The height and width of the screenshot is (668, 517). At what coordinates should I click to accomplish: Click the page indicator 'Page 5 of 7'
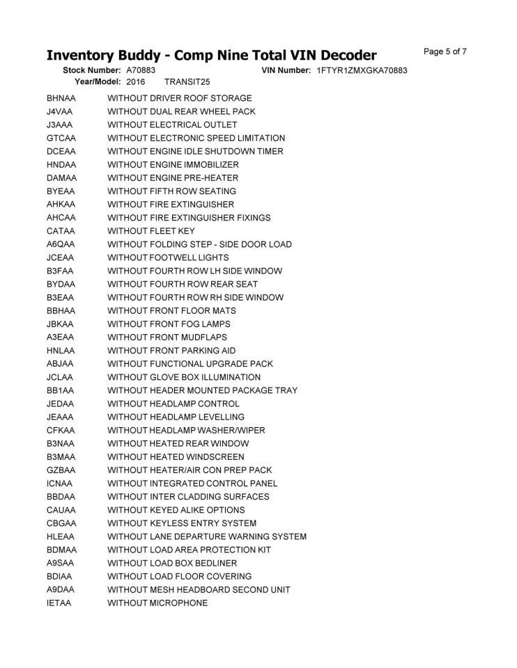[445, 51]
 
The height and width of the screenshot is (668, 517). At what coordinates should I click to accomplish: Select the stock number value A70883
[141, 70]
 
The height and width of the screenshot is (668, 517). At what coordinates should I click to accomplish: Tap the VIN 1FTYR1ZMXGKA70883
[362, 70]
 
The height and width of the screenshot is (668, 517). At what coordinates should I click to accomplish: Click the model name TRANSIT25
[187, 82]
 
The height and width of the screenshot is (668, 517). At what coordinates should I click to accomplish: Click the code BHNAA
[61, 98]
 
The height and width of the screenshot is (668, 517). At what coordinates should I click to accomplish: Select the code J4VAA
[61, 111]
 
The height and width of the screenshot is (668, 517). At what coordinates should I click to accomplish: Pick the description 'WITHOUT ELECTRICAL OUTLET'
[172, 125]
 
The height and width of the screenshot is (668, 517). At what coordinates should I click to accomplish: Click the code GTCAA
[61, 138]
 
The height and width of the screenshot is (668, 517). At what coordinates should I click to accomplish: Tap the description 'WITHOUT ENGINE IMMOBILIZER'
[173, 165]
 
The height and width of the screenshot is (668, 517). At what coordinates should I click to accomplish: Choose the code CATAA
[61, 231]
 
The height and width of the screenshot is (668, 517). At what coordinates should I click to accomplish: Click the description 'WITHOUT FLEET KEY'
[151, 231]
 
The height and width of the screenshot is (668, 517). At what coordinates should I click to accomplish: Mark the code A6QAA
[61, 244]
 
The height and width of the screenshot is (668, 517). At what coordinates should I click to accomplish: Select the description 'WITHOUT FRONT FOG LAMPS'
[169, 324]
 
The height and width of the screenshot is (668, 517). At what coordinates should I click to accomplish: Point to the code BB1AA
[61, 390]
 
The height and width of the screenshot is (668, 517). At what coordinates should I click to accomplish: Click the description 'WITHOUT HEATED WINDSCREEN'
[176, 457]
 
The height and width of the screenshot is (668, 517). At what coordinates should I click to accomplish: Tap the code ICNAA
[60, 484]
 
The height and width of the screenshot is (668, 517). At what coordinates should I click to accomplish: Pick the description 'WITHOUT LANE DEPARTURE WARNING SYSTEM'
[207, 536]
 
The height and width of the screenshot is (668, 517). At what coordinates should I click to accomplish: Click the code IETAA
[59, 603]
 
